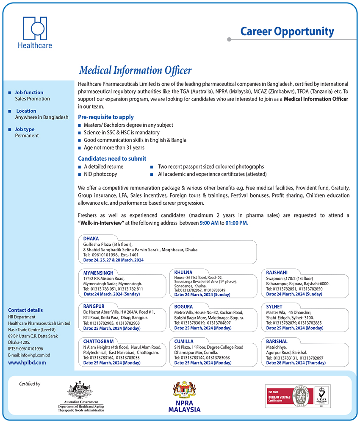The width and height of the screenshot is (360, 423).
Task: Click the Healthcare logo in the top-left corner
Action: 35,32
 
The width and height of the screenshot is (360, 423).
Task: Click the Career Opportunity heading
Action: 287,31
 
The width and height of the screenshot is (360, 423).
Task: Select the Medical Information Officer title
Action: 136,70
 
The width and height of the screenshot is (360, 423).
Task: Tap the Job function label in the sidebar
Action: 29,92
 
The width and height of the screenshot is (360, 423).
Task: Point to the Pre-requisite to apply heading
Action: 106,117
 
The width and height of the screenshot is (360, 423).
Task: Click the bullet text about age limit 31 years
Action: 114,147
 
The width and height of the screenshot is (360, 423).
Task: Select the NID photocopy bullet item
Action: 100,174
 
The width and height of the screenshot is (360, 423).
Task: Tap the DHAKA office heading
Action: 91,239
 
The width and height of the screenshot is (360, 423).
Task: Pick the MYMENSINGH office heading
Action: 98,273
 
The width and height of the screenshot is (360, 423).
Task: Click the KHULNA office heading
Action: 183,272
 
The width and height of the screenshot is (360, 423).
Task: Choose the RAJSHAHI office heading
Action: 277,273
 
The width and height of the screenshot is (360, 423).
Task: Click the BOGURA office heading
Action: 183,306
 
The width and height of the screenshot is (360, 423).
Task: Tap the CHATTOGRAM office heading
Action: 98,341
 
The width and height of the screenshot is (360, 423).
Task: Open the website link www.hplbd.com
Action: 27,362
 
